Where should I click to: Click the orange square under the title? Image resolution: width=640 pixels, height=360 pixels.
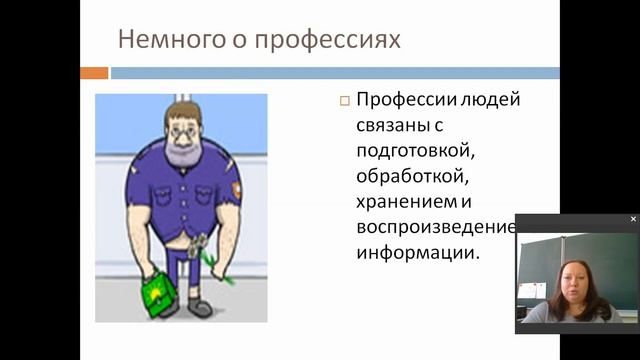(x=94, y=73)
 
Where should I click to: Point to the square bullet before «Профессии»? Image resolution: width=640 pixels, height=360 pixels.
(x=344, y=102)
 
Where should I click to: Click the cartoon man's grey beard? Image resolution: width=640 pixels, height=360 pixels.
(x=186, y=151)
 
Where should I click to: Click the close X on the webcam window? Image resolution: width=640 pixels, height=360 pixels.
(x=633, y=219)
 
